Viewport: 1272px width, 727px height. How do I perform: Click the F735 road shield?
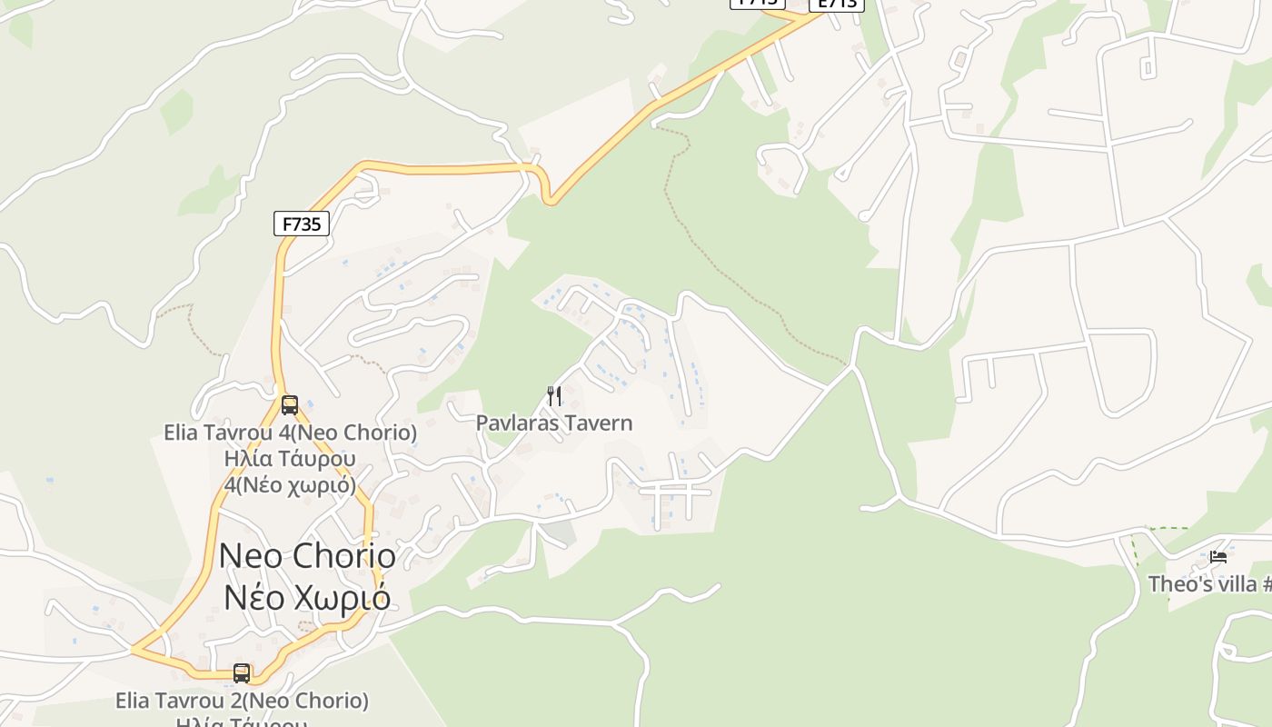point(302,224)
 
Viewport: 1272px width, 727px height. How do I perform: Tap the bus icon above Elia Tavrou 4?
point(290,404)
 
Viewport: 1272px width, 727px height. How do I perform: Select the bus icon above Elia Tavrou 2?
point(242,673)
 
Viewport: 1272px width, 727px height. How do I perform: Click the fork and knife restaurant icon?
point(554,395)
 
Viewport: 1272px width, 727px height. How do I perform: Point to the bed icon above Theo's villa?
point(1218,556)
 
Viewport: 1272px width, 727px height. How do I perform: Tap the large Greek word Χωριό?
point(346,599)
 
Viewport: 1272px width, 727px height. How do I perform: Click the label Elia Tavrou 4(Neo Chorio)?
point(290,433)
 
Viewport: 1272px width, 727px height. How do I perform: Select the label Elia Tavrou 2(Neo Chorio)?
point(242,701)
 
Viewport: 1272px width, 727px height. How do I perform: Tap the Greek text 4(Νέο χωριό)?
point(290,485)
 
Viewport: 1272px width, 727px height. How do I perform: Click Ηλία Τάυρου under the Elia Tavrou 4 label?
point(290,459)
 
